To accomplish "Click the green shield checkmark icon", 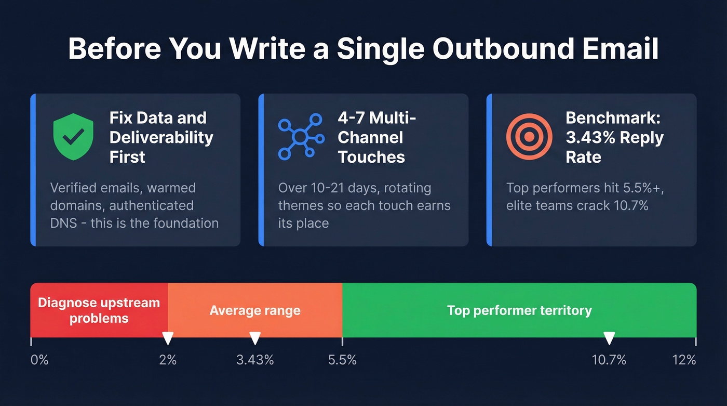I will pyautogui.click(x=73, y=137).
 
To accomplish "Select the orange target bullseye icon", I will pyautogui.click(x=529, y=137).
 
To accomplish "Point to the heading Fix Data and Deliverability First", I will pyautogui.click(x=161, y=137).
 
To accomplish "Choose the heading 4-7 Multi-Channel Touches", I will pyautogui.click(x=377, y=137).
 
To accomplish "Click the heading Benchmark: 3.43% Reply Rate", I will pyautogui.click(x=614, y=137).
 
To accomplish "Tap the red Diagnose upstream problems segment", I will pyautogui.click(x=99, y=310).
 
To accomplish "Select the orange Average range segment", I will pyautogui.click(x=255, y=311).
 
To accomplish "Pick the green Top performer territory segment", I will pyautogui.click(x=519, y=311).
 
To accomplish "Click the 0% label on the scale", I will pyautogui.click(x=39, y=360).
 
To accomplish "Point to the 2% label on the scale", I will pyautogui.click(x=168, y=360).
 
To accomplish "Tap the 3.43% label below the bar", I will pyautogui.click(x=255, y=360).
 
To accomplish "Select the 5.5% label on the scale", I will pyautogui.click(x=342, y=360).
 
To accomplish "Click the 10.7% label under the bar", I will pyautogui.click(x=609, y=360).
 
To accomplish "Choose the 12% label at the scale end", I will pyautogui.click(x=684, y=360).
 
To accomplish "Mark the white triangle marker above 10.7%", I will pyautogui.click(x=609, y=339).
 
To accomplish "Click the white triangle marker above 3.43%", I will pyautogui.click(x=255, y=339).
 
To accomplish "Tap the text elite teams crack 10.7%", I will pyautogui.click(x=577, y=206).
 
